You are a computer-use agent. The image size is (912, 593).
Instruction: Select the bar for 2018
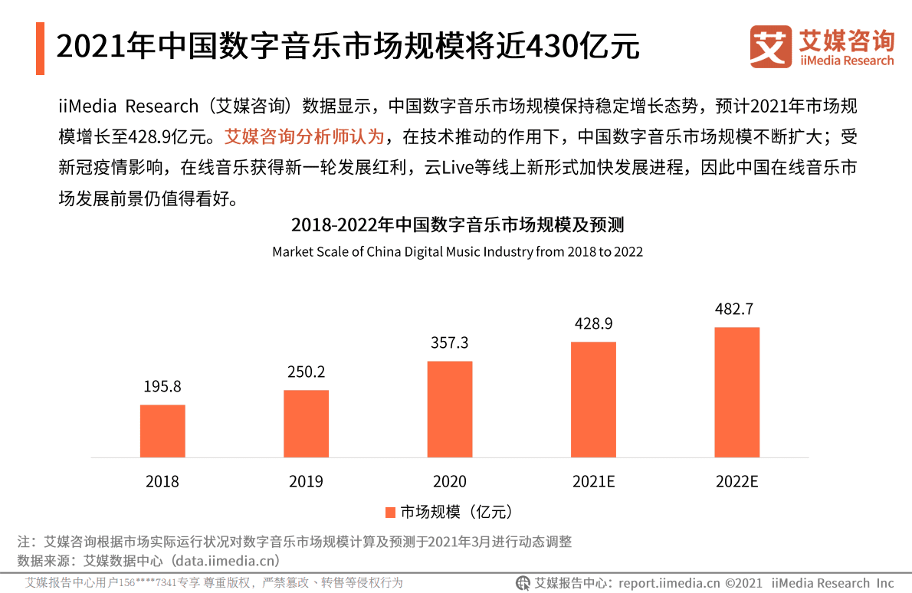[x=162, y=431]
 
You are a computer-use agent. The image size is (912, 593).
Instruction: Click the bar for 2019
[x=306, y=424]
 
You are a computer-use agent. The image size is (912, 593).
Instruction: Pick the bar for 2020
[x=450, y=409]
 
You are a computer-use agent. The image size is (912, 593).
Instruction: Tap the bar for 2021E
[x=593, y=399]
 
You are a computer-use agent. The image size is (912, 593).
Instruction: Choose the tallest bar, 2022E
[x=736, y=392]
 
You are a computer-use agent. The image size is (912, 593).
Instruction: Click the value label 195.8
[x=162, y=387]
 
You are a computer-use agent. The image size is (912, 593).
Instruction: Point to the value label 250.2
[x=306, y=372]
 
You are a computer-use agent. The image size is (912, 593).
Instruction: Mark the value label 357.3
[x=450, y=343]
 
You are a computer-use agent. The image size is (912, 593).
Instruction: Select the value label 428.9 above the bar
[x=593, y=323]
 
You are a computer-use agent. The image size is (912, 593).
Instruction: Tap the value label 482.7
[x=736, y=309]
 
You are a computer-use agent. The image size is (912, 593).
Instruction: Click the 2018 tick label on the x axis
[x=162, y=482]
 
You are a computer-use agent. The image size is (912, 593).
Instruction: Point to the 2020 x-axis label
[x=450, y=482]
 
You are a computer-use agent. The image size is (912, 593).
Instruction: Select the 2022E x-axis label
[x=736, y=482]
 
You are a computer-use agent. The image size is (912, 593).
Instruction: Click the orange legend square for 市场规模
[x=390, y=512]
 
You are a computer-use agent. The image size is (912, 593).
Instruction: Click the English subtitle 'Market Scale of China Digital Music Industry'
[x=457, y=251]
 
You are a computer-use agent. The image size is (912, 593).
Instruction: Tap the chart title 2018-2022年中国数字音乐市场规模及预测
[x=457, y=225]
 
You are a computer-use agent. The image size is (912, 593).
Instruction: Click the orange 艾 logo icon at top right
[x=770, y=47]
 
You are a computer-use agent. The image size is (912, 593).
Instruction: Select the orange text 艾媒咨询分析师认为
[x=303, y=137]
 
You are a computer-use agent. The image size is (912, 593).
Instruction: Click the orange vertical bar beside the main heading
[x=40, y=48]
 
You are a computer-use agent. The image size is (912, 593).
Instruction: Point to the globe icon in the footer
[x=523, y=583]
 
